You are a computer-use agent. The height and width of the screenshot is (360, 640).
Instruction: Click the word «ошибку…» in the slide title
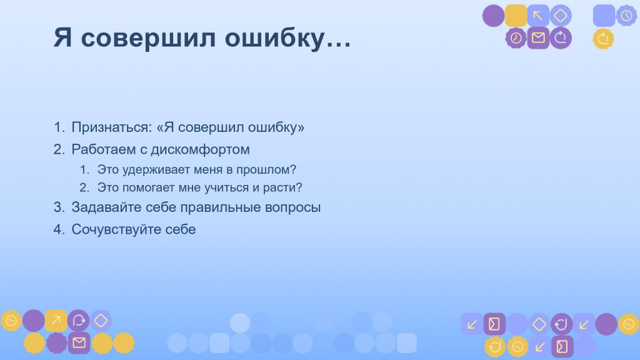coord(287,38)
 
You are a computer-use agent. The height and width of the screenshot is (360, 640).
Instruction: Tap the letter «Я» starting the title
coord(62,37)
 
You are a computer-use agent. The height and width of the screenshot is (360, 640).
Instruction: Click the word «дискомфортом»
coord(201,149)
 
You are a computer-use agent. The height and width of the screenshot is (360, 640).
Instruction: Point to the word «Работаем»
coord(104,149)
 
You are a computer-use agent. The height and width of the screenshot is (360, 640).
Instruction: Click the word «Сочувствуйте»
coord(117,229)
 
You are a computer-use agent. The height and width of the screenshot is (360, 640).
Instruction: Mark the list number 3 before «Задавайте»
coord(59,207)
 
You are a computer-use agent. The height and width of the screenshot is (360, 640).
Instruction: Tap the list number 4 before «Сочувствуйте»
coord(59,229)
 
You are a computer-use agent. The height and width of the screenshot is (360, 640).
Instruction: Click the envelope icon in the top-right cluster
coord(538,38)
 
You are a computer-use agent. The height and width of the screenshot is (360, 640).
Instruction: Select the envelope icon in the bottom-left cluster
coord(79,342)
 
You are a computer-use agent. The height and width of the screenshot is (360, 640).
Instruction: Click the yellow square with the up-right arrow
coord(56,321)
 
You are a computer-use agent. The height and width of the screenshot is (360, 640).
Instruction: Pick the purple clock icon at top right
coord(516,38)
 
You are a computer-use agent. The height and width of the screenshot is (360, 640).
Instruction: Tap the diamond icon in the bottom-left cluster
coord(101,321)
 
